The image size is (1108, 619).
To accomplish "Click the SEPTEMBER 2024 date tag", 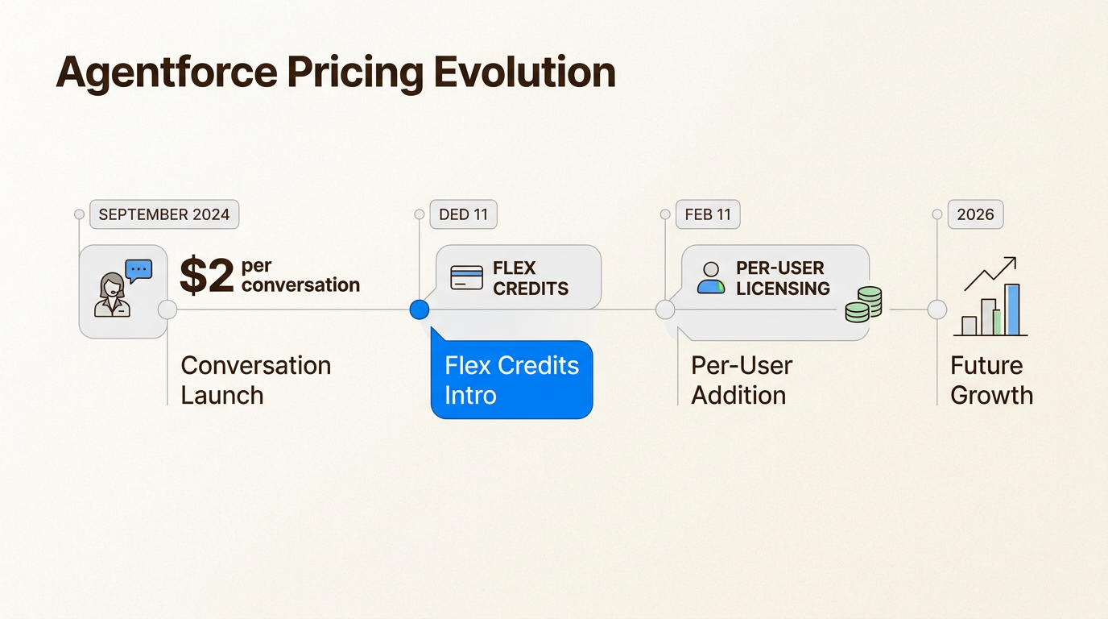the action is tap(164, 214).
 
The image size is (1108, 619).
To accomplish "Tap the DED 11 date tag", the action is tap(464, 214).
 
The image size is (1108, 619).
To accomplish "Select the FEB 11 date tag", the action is tap(708, 214).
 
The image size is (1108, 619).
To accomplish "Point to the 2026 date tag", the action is tap(975, 214).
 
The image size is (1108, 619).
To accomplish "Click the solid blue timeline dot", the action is tap(420, 309).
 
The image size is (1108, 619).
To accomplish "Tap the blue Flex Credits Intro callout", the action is tap(511, 380).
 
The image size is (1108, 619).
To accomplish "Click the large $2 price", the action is tap(206, 276).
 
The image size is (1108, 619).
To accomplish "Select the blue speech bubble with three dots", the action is tap(138, 271).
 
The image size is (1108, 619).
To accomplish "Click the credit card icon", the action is tap(466, 277).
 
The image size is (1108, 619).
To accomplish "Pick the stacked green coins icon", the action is tap(864, 305).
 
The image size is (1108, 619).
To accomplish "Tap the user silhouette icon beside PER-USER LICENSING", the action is tap(711, 278).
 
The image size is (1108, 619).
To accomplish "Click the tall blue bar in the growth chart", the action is tap(1012, 309).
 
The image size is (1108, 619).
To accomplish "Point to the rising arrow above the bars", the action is tap(990, 274).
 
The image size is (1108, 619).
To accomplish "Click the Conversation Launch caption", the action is tap(256, 380).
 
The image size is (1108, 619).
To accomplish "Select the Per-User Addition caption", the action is tap(742, 380).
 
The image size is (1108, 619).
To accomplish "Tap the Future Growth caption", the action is tap(991, 380).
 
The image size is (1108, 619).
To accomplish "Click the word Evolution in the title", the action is tap(525, 73).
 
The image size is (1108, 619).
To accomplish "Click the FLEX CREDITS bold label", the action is tap(531, 278).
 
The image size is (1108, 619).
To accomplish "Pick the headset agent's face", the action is tap(113, 287).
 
